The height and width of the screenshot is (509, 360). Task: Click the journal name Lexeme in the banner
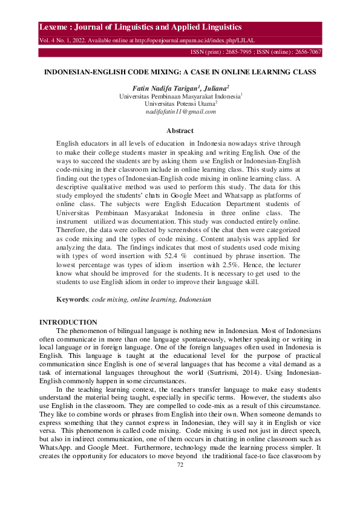(x=55, y=28)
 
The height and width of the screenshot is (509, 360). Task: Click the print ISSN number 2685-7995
(x=240, y=53)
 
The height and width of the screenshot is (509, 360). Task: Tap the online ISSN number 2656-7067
(x=304, y=53)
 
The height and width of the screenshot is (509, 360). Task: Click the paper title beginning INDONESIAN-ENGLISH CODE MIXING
(x=180, y=72)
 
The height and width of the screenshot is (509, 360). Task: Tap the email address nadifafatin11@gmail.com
(x=180, y=112)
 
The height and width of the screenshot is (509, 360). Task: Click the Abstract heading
(x=180, y=131)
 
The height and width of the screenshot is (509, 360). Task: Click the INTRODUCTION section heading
(x=68, y=323)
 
